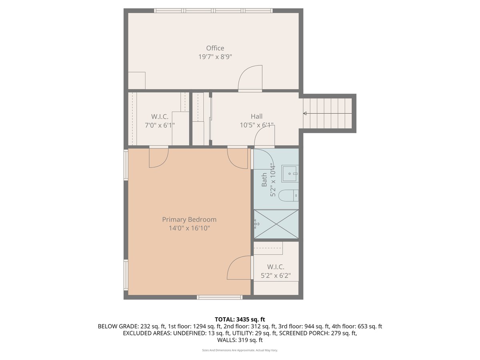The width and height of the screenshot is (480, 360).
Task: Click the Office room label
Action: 215,48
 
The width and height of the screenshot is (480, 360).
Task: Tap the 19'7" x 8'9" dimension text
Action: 215,57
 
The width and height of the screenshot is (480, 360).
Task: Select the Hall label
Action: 256,116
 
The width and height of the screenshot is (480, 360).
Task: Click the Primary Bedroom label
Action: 189,220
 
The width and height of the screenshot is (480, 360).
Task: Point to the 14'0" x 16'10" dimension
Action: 189,228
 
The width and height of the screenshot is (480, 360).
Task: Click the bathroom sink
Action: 290,174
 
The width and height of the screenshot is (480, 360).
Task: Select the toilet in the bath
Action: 288,195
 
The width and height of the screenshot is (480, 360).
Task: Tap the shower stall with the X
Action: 276,224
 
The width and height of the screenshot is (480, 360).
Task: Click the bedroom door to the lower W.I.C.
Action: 239,268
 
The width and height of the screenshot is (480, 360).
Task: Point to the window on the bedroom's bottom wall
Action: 219,297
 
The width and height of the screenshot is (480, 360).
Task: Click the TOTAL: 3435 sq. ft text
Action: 240,319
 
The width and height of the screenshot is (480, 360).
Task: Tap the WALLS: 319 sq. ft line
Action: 240,340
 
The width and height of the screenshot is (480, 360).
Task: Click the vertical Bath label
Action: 264,180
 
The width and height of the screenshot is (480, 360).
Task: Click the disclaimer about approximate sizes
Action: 240,350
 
